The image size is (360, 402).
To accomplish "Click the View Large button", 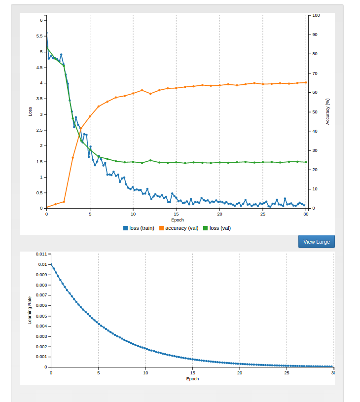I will click(x=316, y=242).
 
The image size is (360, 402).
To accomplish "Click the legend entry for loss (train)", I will click(x=142, y=228).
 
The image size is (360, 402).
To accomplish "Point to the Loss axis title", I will click(x=30, y=111).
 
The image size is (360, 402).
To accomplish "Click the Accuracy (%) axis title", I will click(x=328, y=111).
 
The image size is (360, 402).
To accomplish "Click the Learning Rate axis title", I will click(x=30, y=310).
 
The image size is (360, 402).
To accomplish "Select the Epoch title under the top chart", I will click(x=177, y=220).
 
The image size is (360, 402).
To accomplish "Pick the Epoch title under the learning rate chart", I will click(x=192, y=379).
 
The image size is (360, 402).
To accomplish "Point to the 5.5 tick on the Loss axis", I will click(x=40, y=36).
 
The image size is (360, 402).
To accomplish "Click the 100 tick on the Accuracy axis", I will click(x=316, y=15).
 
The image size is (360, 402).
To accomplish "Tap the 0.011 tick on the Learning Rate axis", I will click(x=41, y=254).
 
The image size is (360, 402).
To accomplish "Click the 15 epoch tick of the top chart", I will click(x=177, y=214).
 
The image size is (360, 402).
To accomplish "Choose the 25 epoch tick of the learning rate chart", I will click(x=287, y=373).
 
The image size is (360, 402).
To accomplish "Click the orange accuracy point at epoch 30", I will click(x=306, y=82).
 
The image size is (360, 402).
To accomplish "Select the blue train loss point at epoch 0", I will click(x=47, y=33).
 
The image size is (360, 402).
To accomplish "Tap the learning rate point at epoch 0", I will click(x=51, y=264).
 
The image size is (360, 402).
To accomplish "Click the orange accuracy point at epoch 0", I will click(x=47, y=208).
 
